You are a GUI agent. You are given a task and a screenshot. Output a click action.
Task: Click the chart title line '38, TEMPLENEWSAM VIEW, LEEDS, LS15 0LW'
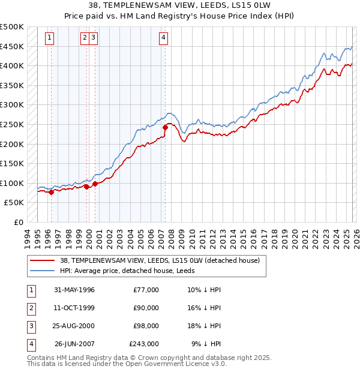click(x=180, y=5)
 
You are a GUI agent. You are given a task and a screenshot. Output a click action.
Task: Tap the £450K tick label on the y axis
click(x=12, y=46)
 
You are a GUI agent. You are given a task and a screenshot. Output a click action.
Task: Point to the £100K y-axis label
click(x=12, y=183)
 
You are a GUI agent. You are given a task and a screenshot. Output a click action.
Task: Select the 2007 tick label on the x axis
click(x=161, y=237)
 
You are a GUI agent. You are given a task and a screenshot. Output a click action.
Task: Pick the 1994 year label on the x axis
click(x=28, y=237)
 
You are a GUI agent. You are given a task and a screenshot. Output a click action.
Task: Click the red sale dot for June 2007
click(x=166, y=127)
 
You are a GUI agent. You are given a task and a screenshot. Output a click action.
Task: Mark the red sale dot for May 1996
click(x=52, y=193)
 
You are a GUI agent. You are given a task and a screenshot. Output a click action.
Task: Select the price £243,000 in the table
click(x=144, y=344)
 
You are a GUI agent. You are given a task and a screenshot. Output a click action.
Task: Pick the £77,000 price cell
click(x=146, y=290)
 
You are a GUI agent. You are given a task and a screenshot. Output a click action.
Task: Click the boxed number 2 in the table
click(x=30, y=308)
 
